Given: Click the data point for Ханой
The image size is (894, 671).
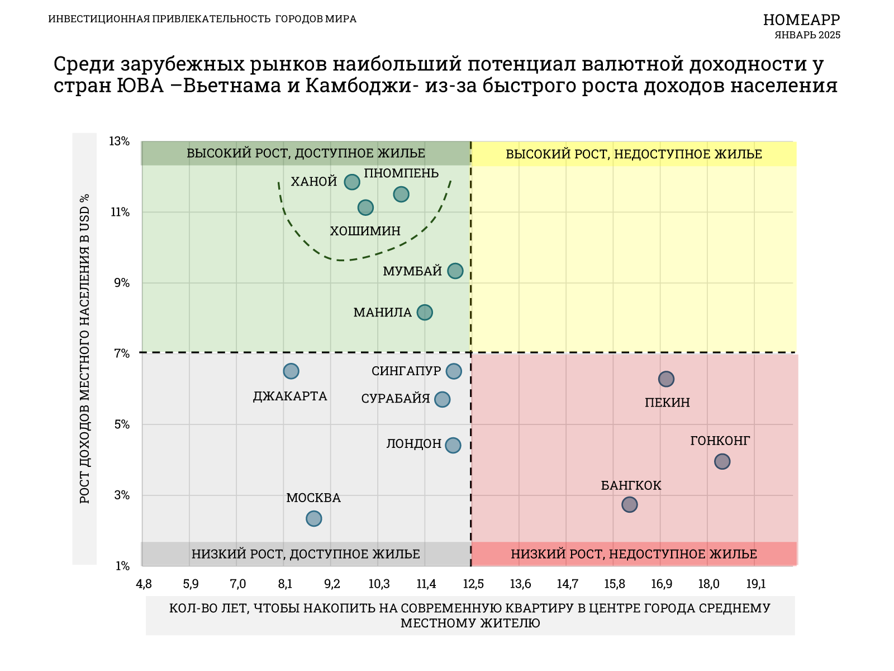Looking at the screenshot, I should (351, 182).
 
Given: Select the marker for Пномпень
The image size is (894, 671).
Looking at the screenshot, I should (401, 195).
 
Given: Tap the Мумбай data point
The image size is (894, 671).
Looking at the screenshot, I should (455, 271).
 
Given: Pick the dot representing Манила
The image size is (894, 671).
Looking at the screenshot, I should (425, 313).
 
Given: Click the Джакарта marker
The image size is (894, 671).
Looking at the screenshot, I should (291, 371).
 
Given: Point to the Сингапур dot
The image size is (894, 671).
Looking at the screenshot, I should (454, 371).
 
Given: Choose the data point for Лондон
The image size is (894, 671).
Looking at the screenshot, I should (453, 445).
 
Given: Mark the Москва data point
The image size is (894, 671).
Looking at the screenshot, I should (314, 519).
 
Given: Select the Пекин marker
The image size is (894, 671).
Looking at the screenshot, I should (666, 379).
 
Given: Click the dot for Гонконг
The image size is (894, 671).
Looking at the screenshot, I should (722, 462).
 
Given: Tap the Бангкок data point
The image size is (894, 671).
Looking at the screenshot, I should (630, 505).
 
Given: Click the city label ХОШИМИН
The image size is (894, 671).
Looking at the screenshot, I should (365, 231).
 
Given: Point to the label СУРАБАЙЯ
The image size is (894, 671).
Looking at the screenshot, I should (396, 399).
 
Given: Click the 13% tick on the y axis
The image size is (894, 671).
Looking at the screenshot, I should (119, 141).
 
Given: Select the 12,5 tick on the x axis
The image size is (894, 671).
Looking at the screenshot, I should (474, 585).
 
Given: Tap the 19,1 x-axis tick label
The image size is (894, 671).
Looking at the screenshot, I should (756, 585).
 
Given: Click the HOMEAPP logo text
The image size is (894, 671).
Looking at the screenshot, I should (801, 20).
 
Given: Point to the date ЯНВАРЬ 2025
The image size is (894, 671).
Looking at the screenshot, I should (807, 35).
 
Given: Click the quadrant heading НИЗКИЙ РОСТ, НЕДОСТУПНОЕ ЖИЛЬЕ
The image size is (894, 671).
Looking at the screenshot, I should (634, 554).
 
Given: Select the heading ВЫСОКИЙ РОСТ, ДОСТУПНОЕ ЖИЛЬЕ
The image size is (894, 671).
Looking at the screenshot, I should (306, 154).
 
